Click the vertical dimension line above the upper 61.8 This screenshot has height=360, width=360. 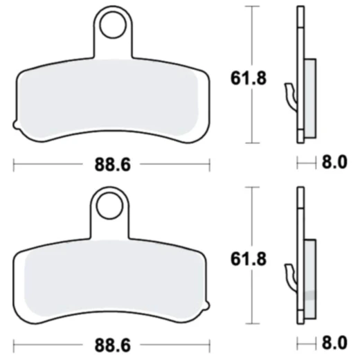(x=251, y=35)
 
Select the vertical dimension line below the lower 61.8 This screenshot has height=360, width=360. (x=251, y=298)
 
